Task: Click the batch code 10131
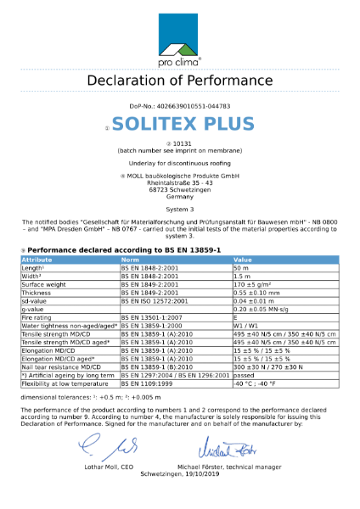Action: click(x=182, y=143)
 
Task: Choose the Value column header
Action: click(x=243, y=260)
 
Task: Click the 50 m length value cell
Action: click(x=241, y=267)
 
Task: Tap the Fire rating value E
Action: click(x=235, y=316)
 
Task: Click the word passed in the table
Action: click(x=244, y=374)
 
